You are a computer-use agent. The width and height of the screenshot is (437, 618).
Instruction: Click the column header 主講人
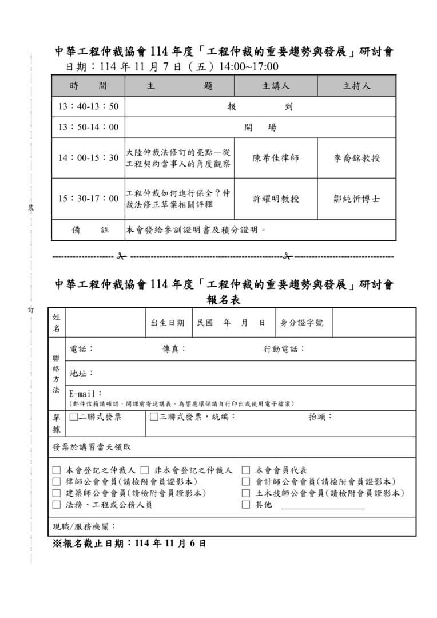coord(276,86)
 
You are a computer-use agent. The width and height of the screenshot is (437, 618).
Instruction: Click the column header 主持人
coord(356,86)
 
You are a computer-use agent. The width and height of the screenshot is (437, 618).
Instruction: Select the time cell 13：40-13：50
coord(88,106)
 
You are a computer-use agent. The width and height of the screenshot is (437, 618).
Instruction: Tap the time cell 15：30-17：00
coord(88,199)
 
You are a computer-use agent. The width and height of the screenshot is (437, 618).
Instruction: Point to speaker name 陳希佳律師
coord(276,158)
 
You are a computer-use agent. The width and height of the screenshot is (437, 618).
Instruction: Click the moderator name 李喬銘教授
coord(356,158)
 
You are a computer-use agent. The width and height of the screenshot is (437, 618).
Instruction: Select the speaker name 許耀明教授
coord(276,199)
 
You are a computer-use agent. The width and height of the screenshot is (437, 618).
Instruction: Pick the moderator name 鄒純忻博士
coord(356,199)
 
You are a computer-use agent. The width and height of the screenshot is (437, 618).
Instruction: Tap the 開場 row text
coord(260,127)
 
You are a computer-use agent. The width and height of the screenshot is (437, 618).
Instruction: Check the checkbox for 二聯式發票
coord(73,417)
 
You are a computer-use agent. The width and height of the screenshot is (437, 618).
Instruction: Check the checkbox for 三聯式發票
coord(154,417)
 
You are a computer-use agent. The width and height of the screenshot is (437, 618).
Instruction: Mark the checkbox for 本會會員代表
coord(246,470)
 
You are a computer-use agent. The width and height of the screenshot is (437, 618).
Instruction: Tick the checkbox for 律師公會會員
coord(57,482)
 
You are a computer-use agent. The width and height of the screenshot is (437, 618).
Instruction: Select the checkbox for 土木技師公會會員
coord(246,493)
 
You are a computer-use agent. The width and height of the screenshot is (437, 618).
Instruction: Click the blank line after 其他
coord(323,506)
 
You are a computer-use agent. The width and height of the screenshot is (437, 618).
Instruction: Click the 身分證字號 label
coord(301,323)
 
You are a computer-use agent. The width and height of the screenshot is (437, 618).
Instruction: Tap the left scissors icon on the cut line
coord(121,256)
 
